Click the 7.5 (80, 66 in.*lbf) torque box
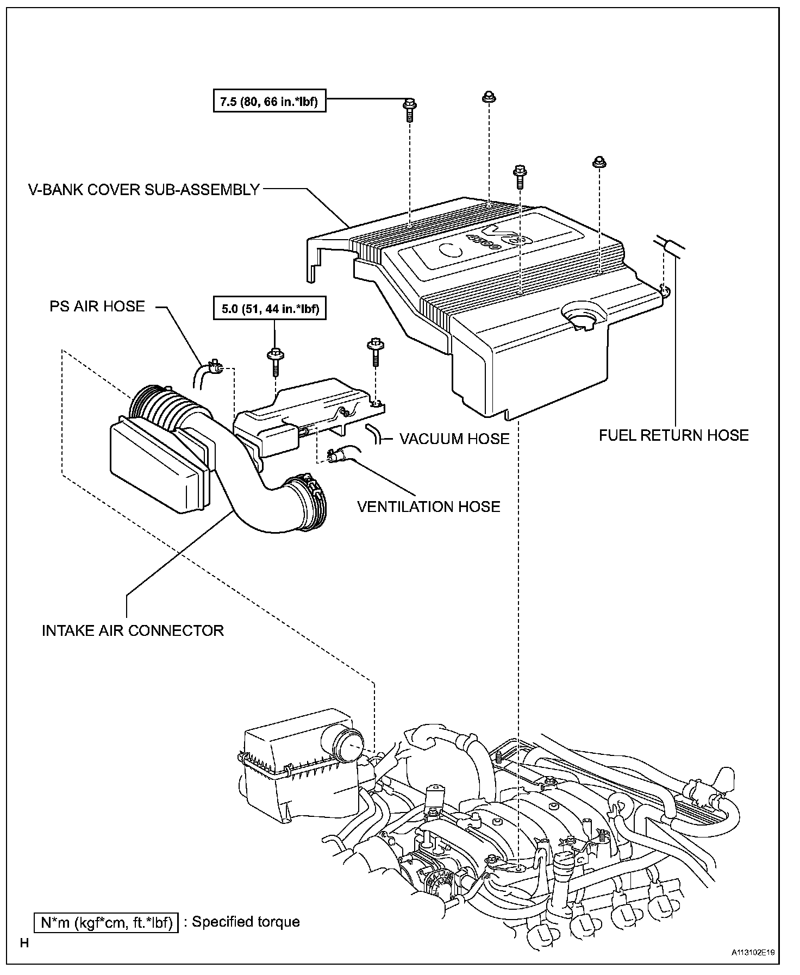270,101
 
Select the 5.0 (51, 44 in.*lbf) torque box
270,309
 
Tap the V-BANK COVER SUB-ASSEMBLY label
144,190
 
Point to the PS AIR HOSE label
97,307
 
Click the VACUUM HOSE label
454,439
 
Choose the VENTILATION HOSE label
428,507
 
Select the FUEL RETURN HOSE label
673,435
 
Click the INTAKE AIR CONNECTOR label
133,630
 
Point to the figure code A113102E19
753,953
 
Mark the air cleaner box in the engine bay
296,772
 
